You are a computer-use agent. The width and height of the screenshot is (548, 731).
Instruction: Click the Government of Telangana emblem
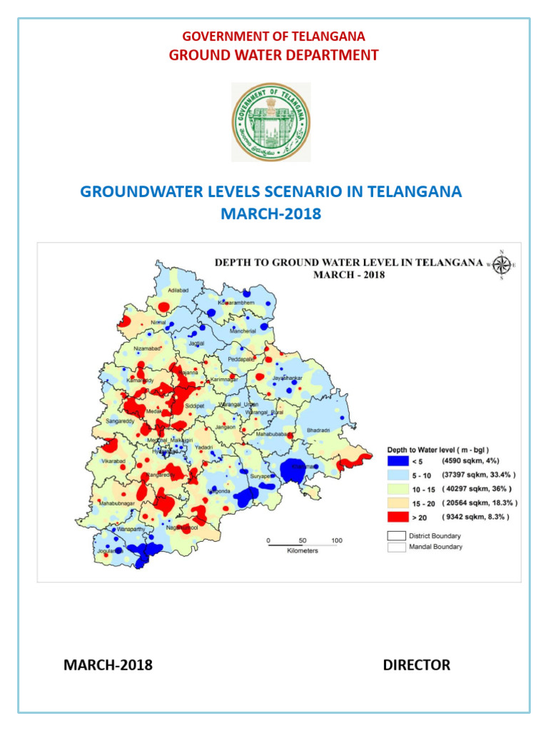click(271, 122)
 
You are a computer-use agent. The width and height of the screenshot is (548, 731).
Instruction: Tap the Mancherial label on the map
click(247, 332)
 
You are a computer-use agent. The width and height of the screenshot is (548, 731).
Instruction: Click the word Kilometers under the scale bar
click(303, 551)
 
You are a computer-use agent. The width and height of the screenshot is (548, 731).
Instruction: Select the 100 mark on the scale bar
click(337, 540)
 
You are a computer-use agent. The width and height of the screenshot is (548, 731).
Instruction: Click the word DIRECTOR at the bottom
click(416, 665)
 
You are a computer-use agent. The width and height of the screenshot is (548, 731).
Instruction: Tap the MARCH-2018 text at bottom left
click(108, 665)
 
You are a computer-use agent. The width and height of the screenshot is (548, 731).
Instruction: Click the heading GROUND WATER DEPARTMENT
click(273, 55)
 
